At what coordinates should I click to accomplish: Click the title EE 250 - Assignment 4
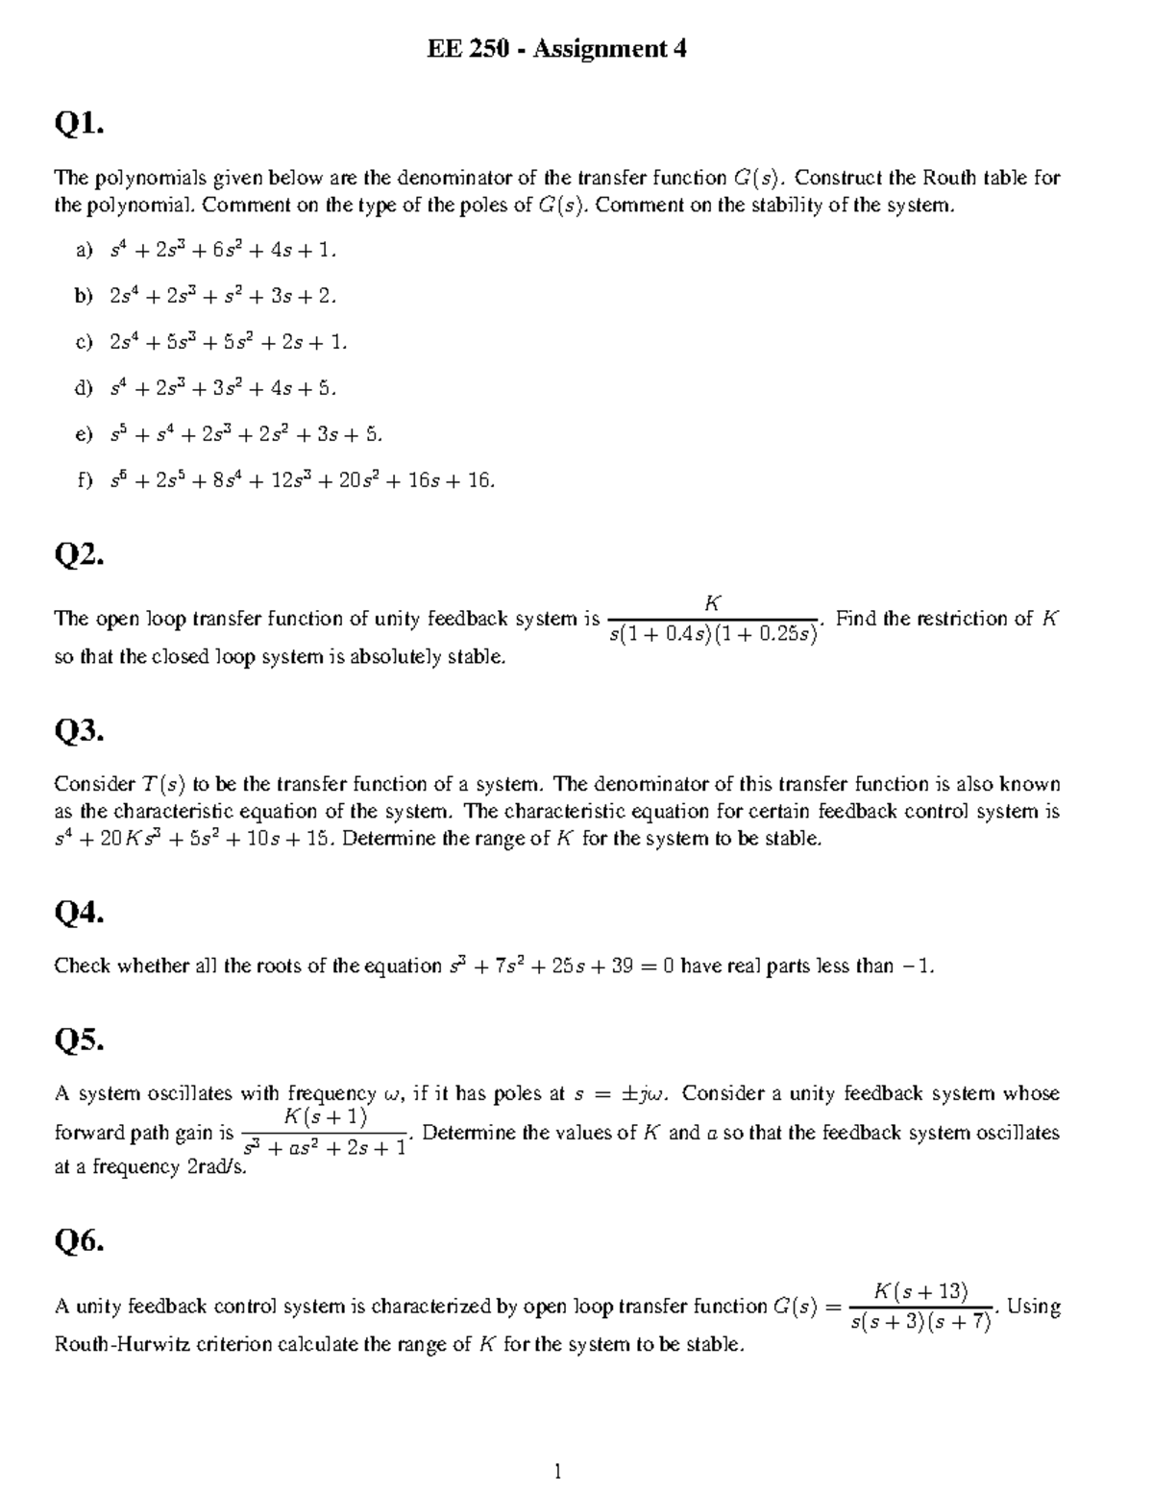pos(556,49)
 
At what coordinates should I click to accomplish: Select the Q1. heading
pos(78,124)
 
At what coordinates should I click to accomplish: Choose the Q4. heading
pos(79,913)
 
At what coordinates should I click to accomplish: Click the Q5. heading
pos(79,1040)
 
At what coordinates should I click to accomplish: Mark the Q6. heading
pos(79,1242)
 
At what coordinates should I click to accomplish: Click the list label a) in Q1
pos(84,251)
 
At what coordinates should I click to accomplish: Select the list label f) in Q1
pos(84,480)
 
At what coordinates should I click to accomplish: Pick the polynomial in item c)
pos(228,342)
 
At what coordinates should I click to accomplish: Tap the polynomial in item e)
pos(246,434)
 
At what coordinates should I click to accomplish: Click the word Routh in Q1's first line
pos(948,178)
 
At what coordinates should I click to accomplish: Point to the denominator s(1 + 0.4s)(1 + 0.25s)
pos(713,635)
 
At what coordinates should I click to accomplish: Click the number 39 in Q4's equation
pos(621,966)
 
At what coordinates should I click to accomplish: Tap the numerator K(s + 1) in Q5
pos(326,1116)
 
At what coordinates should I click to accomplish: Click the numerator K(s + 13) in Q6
pos(921,1290)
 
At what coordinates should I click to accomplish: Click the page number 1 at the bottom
pos(556,1471)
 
